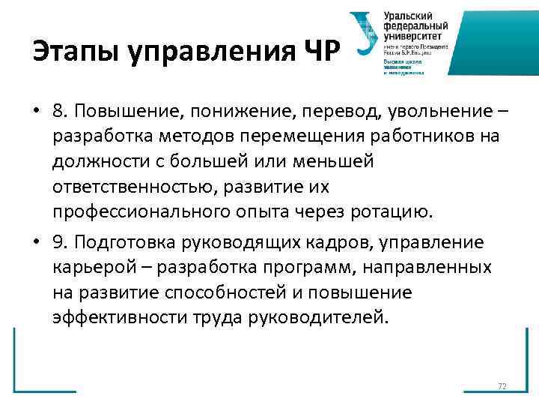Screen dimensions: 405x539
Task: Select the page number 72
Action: point(502,386)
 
